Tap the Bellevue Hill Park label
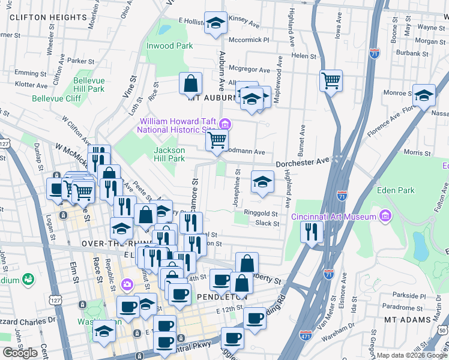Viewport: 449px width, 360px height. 89,85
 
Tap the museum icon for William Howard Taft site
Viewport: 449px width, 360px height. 225,125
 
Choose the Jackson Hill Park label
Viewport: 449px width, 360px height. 169,154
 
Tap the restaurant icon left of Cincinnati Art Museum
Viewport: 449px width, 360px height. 312,232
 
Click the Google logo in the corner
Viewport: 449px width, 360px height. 20,353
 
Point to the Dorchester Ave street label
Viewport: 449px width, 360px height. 303,161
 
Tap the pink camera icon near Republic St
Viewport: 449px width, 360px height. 127,284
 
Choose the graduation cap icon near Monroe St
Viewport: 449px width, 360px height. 424,96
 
